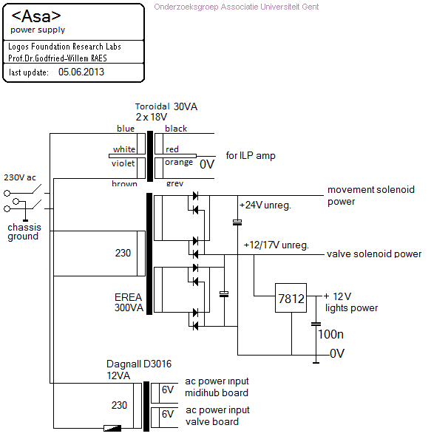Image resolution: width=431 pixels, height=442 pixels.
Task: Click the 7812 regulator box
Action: [291, 298]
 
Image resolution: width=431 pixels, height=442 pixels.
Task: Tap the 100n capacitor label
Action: [330, 334]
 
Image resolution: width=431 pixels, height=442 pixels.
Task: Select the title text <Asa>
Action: [36, 16]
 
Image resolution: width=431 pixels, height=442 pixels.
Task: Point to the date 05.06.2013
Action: [81, 72]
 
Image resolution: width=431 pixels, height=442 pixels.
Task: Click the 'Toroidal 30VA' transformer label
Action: [166, 106]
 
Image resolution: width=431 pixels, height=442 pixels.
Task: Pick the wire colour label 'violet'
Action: [123, 163]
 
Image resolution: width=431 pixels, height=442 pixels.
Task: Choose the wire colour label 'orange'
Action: [179, 163]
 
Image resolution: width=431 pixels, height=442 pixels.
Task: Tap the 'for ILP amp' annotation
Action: [251, 156]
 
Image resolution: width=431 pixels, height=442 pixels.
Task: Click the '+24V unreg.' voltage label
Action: [265, 205]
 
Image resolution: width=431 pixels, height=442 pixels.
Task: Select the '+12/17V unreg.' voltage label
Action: [276, 245]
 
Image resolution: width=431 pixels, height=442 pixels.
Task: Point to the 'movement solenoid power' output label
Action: [371, 195]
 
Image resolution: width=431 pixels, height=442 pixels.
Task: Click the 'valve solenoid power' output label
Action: [374, 254]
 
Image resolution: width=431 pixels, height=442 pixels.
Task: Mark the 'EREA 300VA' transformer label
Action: [129, 302]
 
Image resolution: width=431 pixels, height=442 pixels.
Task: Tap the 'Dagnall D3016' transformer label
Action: [139, 364]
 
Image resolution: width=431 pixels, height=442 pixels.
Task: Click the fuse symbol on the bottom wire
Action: [112, 428]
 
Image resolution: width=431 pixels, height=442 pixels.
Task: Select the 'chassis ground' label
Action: [24, 231]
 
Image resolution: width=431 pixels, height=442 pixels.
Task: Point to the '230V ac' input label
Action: [20, 177]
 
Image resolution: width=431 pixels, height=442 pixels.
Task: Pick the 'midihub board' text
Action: [217, 392]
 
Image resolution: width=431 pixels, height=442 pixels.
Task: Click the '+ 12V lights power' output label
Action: [351, 302]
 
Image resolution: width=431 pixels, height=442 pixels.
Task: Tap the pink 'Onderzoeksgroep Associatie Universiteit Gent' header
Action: [237, 7]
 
